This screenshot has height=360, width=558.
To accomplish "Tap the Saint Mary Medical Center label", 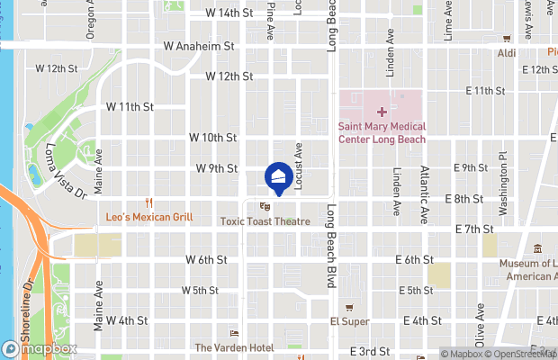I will (x=382, y=133).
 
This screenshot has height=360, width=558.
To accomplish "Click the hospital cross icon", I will (x=382, y=112).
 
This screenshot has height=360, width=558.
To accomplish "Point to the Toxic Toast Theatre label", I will (x=265, y=221).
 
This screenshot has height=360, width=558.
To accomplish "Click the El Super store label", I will (x=350, y=321).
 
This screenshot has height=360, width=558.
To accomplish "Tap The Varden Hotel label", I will (x=234, y=347).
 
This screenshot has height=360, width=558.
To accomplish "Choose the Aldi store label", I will (x=507, y=53).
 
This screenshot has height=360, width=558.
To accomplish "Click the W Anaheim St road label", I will (x=199, y=46).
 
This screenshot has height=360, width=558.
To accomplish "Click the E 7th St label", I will (x=481, y=229).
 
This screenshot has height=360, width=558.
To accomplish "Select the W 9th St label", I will (x=217, y=168).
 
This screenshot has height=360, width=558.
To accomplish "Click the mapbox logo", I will (x=40, y=348).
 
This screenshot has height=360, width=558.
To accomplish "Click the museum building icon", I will (x=537, y=248).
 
